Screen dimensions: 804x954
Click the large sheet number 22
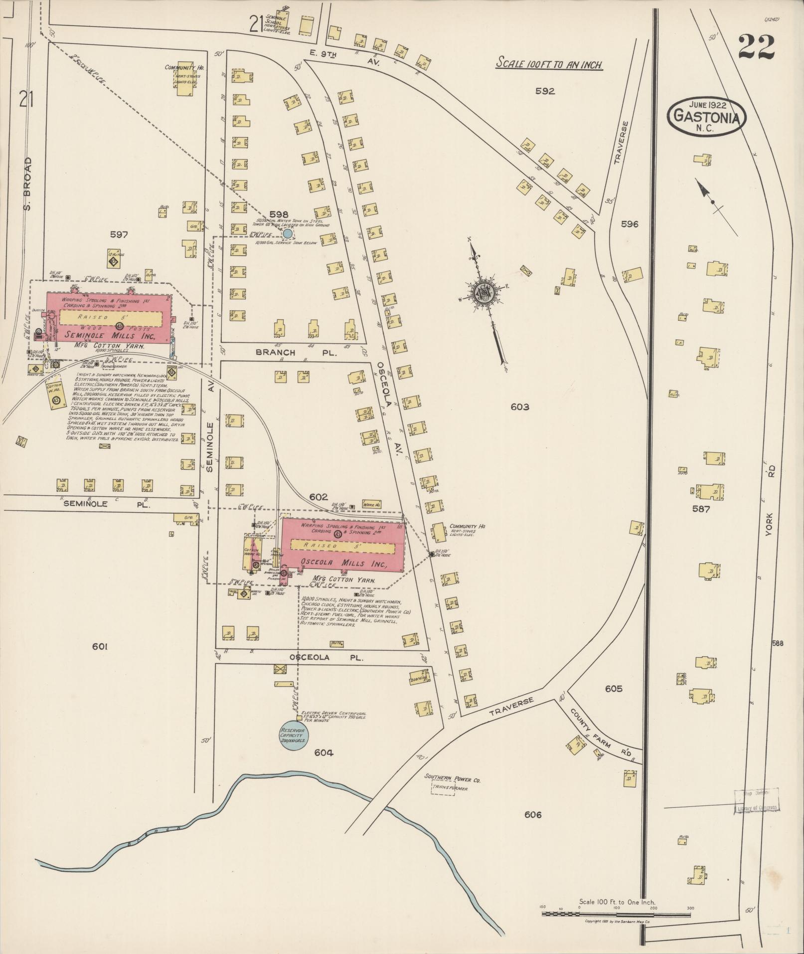click(x=756, y=47)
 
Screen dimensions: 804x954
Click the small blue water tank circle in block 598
click(x=288, y=233)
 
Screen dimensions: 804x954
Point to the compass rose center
click(x=482, y=292)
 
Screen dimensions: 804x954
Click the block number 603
click(x=519, y=407)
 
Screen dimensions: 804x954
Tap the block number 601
click(x=100, y=647)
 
